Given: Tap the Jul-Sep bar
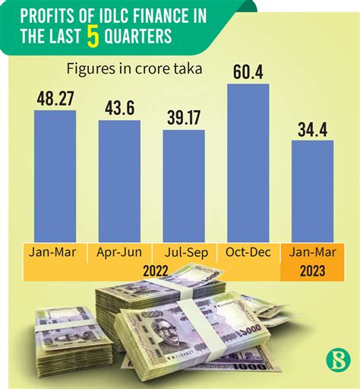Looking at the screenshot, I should point(184,186).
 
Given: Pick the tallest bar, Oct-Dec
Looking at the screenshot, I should point(248,163).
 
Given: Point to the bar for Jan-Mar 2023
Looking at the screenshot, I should point(312,191).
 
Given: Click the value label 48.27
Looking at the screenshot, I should point(55,99).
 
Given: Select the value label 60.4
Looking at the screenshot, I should point(248,72).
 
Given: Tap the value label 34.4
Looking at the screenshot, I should point(312,128).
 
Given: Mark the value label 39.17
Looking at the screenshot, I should point(184,118).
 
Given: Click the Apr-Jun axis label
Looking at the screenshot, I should point(119,252).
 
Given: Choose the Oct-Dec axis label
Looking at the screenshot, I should point(248,252).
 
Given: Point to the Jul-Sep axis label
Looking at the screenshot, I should point(184,252).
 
